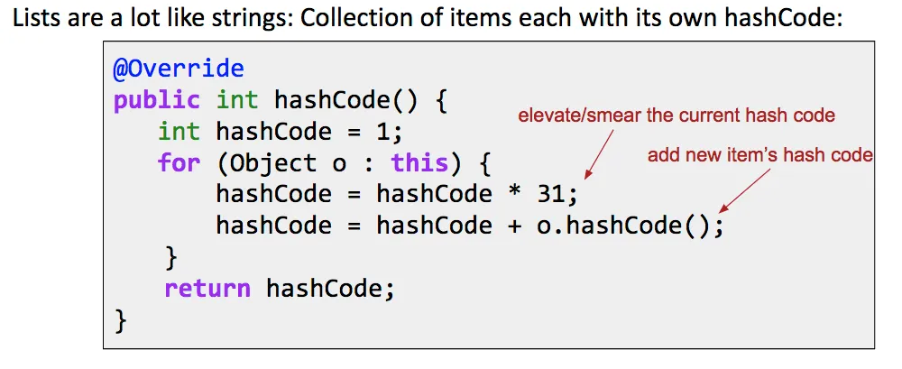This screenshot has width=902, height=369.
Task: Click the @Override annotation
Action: pyautogui.click(x=179, y=69)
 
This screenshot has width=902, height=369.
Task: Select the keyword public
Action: pyautogui.click(x=156, y=101)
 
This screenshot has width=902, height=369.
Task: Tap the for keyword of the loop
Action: pyautogui.click(x=179, y=163)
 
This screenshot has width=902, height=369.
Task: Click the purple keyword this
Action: pyautogui.click(x=420, y=163)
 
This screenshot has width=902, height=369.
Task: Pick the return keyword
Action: pyautogui.click(x=207, y=288)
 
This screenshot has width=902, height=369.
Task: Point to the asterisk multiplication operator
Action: pyautogui.click(x=515, y=193)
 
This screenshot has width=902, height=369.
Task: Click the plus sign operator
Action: pyautogui.click(x=515, y=226)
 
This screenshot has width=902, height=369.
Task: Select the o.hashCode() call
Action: pyautogui.click(x=625, y=226)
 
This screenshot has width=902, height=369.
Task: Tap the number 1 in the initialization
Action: pyautogui.click(x=382, y=133)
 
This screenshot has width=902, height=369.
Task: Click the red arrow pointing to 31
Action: pyautogui.click(x=599, y=154)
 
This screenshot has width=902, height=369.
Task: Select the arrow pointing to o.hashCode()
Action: pyautogui.click(x=744, y=190)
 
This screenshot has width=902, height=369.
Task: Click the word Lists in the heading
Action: pyautogui.click(x=32, y=21)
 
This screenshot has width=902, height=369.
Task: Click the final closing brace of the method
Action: pyautogui.click(x=120, y=320)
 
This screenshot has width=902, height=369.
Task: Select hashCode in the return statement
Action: pyautogui.click(x=330, y=289)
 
